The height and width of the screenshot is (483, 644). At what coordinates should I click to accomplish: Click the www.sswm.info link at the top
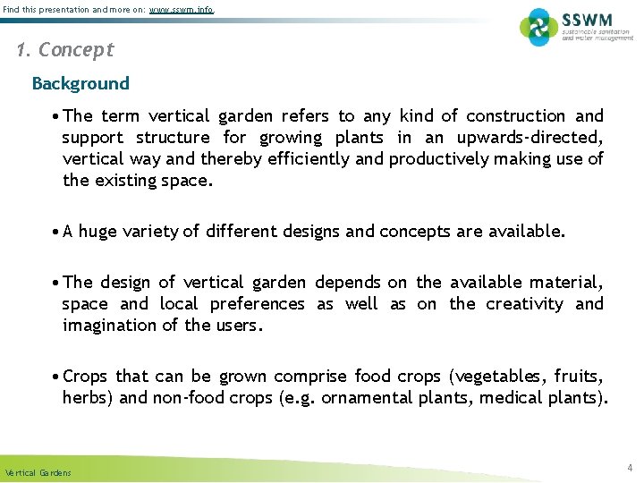181,10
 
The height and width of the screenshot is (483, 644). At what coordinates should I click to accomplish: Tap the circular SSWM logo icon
538,27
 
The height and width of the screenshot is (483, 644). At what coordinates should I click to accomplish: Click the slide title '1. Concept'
65,50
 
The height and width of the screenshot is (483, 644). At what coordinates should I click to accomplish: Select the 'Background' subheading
80,83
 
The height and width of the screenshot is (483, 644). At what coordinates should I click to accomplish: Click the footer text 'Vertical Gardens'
37,472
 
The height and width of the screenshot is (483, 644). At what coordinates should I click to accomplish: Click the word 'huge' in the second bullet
97,232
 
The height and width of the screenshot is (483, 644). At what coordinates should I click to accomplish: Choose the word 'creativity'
524,303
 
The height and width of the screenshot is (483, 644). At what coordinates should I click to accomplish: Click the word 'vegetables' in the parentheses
505,376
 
